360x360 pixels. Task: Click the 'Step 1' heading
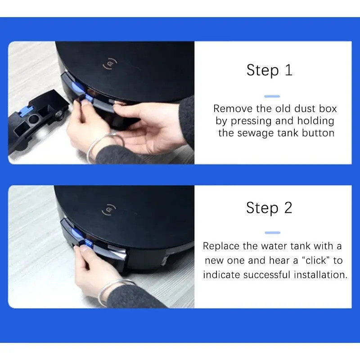tap(269, 70)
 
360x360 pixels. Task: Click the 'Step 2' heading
tap(269, 208)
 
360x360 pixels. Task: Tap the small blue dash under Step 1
tap(272, 96)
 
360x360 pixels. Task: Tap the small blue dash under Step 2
tap(273, 233)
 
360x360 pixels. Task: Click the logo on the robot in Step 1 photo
tap(110, 64)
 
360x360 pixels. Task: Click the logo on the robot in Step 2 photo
tap(109, 210)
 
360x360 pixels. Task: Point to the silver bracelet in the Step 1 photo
tap(104, 145)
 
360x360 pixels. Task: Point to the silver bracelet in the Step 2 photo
tap(115, 289)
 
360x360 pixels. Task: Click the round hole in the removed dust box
tap(34, 119)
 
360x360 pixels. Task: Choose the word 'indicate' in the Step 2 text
tap(221, 275)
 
